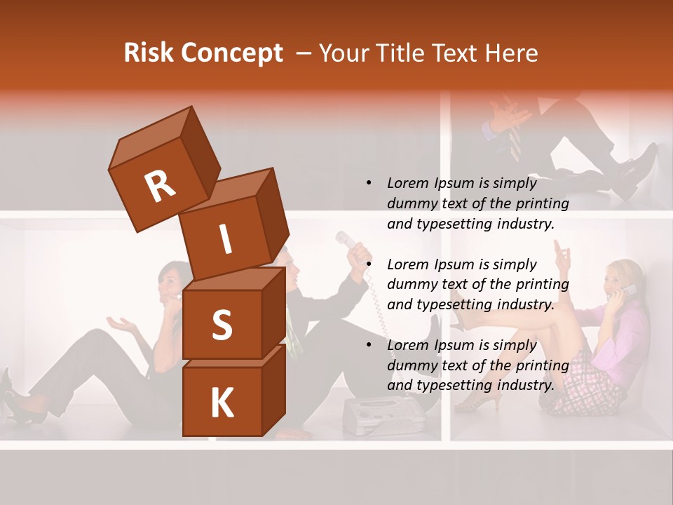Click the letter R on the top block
160,186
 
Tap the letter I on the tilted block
226,240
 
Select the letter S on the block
222,325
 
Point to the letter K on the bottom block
222,403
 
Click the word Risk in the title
149,53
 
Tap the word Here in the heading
509,53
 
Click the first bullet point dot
368,183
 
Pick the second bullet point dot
368,264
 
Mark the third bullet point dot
368,345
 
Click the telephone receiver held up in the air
347,241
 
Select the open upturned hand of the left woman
123,323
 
